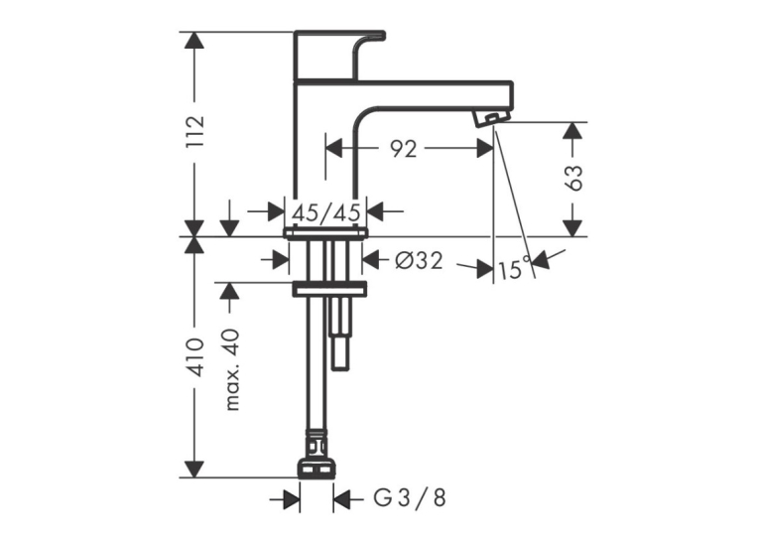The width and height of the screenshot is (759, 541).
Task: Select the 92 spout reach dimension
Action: point(404,149)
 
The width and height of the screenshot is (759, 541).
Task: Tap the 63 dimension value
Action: point(574,178)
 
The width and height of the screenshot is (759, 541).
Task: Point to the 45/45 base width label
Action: point(326,212)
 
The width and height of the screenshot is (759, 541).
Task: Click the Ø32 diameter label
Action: point(419,261)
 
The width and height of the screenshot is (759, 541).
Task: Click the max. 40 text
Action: point(233,369)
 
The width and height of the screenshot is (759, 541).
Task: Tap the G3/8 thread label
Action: point(411,498)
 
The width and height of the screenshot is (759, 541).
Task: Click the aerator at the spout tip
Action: point(491,119)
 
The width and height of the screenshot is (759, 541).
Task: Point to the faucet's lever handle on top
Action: point(339,55)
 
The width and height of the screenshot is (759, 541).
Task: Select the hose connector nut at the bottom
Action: point(316,469)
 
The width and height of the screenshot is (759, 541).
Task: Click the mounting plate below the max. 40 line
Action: point(329,289)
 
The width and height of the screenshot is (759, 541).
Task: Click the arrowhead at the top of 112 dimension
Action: point(194,40)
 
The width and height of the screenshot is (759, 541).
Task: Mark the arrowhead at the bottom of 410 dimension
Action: point(194,470)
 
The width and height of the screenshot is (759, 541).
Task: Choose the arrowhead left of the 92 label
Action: point(334,148)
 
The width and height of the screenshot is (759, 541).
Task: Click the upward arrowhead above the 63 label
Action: point(572,131)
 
